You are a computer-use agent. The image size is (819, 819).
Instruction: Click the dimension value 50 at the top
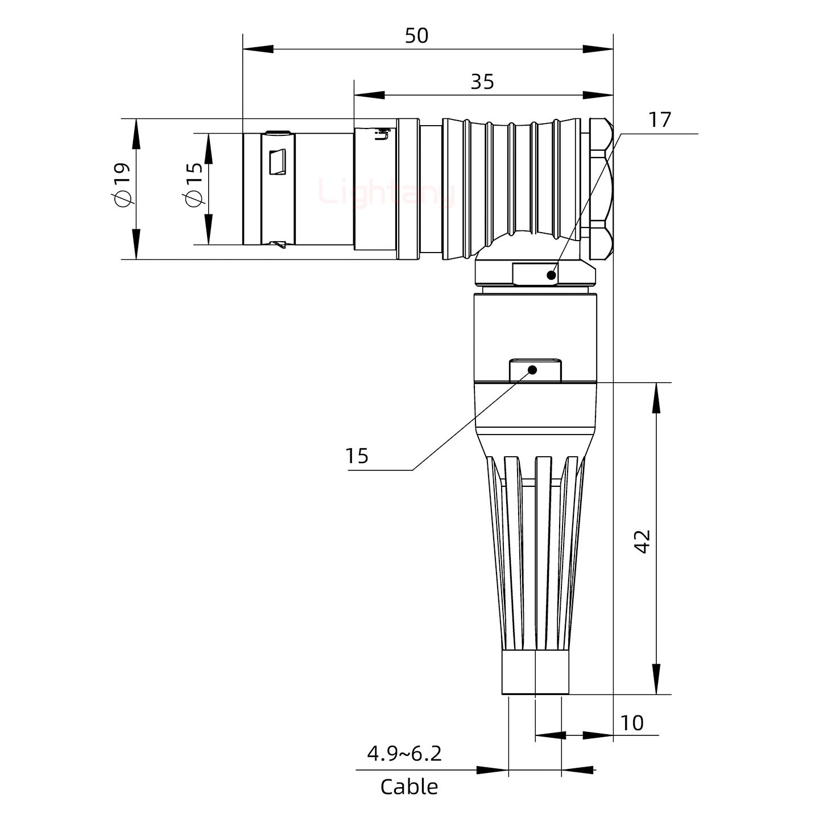pyautogui.click(x=416, y=36)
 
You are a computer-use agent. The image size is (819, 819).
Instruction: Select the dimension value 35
pyautogui.click(x=482, y=82)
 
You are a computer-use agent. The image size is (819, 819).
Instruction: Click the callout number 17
pyautogui.click(x=660, y=120)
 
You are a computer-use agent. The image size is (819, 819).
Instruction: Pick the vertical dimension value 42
pyautogui.click(x=643, y=541)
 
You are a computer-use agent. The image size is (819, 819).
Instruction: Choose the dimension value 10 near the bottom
pyautogui.click(x=632, y=723)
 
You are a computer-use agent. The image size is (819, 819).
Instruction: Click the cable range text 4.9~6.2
pyautogui.click(x=404, y=754)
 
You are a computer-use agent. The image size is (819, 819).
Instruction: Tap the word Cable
pyautogui.click(x=409, y=787)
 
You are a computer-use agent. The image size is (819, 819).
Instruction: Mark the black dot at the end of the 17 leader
pyautogui.click(x=551, y=275)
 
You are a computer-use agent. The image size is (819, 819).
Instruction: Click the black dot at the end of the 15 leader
pyautogui.click(x=533, y=370)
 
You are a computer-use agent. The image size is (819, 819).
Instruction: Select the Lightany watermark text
pyautogui.click(x=387, y=193)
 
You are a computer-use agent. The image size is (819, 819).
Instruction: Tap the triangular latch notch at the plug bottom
pyautogui.click(x=278, y=245)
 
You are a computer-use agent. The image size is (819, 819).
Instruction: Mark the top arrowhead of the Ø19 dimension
pyautogui.click(x=136, y=134)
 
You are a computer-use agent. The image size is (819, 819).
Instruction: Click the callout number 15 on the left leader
pyautogui.click(x=357, y=456)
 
